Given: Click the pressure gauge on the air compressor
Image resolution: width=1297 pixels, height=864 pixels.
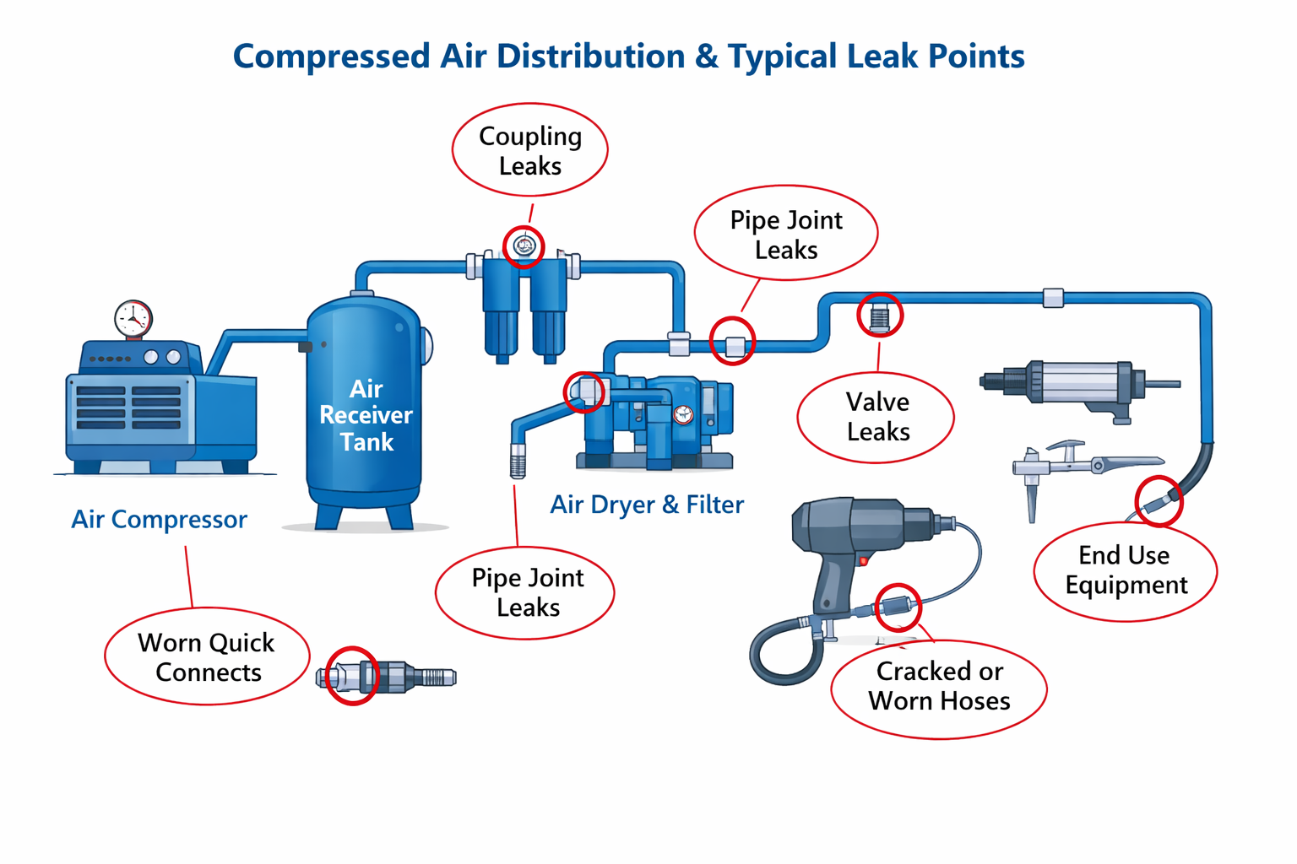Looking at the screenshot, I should [133, 319].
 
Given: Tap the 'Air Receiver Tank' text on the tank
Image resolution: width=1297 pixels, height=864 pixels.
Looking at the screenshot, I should [366, 415].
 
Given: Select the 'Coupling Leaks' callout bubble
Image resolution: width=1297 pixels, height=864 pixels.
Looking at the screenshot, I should [530, 150].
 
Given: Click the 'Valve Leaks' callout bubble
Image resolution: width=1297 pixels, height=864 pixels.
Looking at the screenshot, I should [876, 417].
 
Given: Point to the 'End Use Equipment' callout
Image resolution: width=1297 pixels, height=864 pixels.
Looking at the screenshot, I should [1125, 570].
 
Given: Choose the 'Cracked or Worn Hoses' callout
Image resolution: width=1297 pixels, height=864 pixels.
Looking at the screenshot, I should [939, 686].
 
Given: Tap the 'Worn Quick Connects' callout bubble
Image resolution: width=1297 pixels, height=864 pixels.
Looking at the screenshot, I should [208, 657].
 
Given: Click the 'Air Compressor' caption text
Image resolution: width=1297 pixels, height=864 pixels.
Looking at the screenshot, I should [159, 519].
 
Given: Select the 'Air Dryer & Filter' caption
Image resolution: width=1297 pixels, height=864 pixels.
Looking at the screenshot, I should [647, 505].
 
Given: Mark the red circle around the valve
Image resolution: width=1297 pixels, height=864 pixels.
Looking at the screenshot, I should [880, 316].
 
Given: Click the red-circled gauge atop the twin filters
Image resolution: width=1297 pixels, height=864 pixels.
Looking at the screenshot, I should [524, 246].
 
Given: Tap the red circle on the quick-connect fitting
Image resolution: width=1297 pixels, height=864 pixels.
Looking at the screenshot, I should [352, 675].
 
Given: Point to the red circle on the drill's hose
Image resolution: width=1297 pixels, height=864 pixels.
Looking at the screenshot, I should [897, 607].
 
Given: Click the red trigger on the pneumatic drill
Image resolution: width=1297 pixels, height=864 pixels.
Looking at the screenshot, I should [863, 560].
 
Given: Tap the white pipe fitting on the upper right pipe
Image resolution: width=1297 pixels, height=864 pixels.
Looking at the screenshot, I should [1052, 297].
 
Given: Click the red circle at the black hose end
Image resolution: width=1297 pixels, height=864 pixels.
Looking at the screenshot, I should [1158, 501].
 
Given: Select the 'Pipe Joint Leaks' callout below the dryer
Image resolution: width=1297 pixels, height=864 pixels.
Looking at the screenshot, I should [527, 592].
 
